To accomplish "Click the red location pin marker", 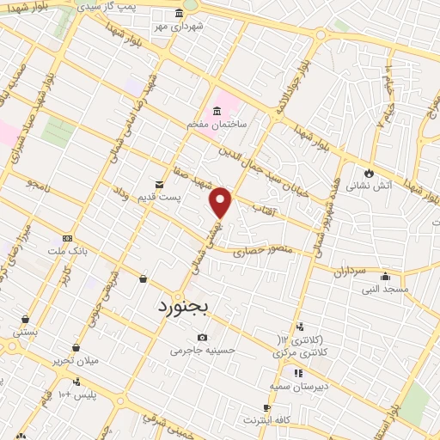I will click(222, 202).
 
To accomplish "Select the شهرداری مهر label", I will click(179, 27).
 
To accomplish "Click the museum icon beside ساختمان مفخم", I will click(216, 112).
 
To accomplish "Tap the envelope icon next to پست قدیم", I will click(159, 185).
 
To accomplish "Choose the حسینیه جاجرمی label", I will click(202, 350).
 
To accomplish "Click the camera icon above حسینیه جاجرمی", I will click(202, 337).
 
